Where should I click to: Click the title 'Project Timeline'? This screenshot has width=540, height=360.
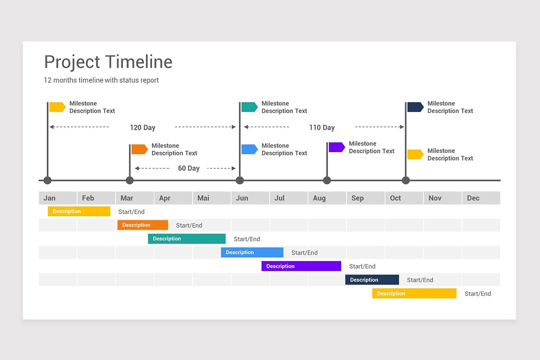pos(108,62)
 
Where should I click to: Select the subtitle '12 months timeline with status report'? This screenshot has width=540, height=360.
pos(101,81)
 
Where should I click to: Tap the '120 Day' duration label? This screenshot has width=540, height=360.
pos(143,127)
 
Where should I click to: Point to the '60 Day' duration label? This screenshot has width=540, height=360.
pos(189,168)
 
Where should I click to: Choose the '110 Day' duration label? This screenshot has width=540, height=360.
pos(322,127)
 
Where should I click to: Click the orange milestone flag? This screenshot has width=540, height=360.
pos(139,149)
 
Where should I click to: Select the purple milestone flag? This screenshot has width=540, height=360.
pos(337,147)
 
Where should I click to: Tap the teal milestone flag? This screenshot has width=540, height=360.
pos(249,107)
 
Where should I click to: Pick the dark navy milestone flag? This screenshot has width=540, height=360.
pos(415,107)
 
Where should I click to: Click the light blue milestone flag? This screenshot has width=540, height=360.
pos(249,149)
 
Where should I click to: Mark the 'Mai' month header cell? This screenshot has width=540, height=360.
pos(211,198)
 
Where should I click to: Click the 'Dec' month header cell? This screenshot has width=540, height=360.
pos(481,198)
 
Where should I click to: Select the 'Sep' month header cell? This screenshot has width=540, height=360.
pos(365,198)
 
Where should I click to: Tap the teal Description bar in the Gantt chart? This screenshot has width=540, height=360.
pos(187,239)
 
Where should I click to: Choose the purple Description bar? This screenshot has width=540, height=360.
pos(301,266)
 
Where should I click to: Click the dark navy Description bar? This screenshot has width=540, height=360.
pos(372,280)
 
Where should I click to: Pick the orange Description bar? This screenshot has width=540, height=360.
pos(143,225)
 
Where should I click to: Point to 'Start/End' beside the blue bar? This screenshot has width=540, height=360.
pos(305,253)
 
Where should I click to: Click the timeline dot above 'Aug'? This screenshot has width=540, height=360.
pos(327,180)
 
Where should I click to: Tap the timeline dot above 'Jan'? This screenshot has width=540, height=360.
pos(48,180)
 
